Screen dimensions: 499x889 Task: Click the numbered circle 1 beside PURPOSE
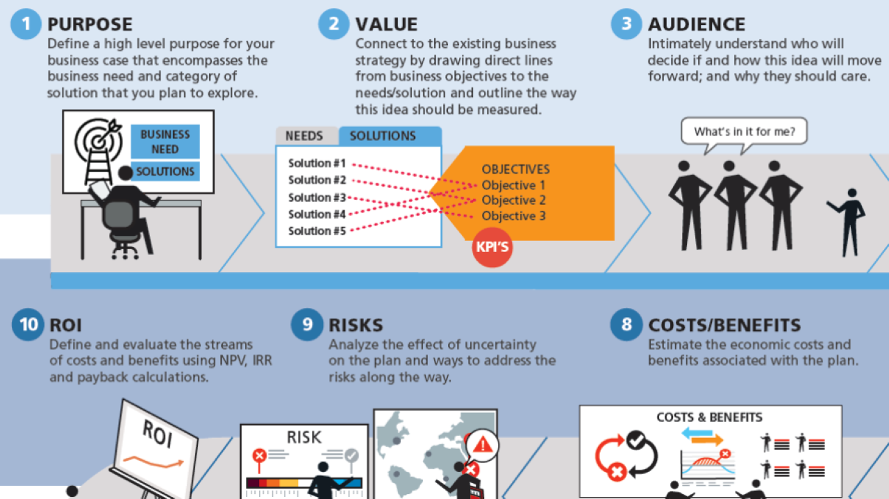point(26,24)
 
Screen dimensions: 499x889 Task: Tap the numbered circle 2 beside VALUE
point(334,24)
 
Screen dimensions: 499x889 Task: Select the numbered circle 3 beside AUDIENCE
point(626,24)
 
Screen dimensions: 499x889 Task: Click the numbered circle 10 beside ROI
point(28,325)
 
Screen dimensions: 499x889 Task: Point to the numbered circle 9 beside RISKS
point(307,325)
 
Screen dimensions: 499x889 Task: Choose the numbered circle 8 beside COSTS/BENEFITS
point(626,325)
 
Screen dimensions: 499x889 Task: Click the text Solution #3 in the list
point(317,197)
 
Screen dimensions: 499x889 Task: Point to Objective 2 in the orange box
point(513,201)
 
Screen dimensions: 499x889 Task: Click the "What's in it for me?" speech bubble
point(745,132)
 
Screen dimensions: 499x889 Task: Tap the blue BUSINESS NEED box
point(165,142)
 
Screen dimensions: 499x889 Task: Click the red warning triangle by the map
point(482,442)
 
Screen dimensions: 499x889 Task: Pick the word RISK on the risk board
point(304,437)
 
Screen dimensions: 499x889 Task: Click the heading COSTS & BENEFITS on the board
point(709,418)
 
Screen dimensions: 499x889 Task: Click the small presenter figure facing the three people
point(849,221)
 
